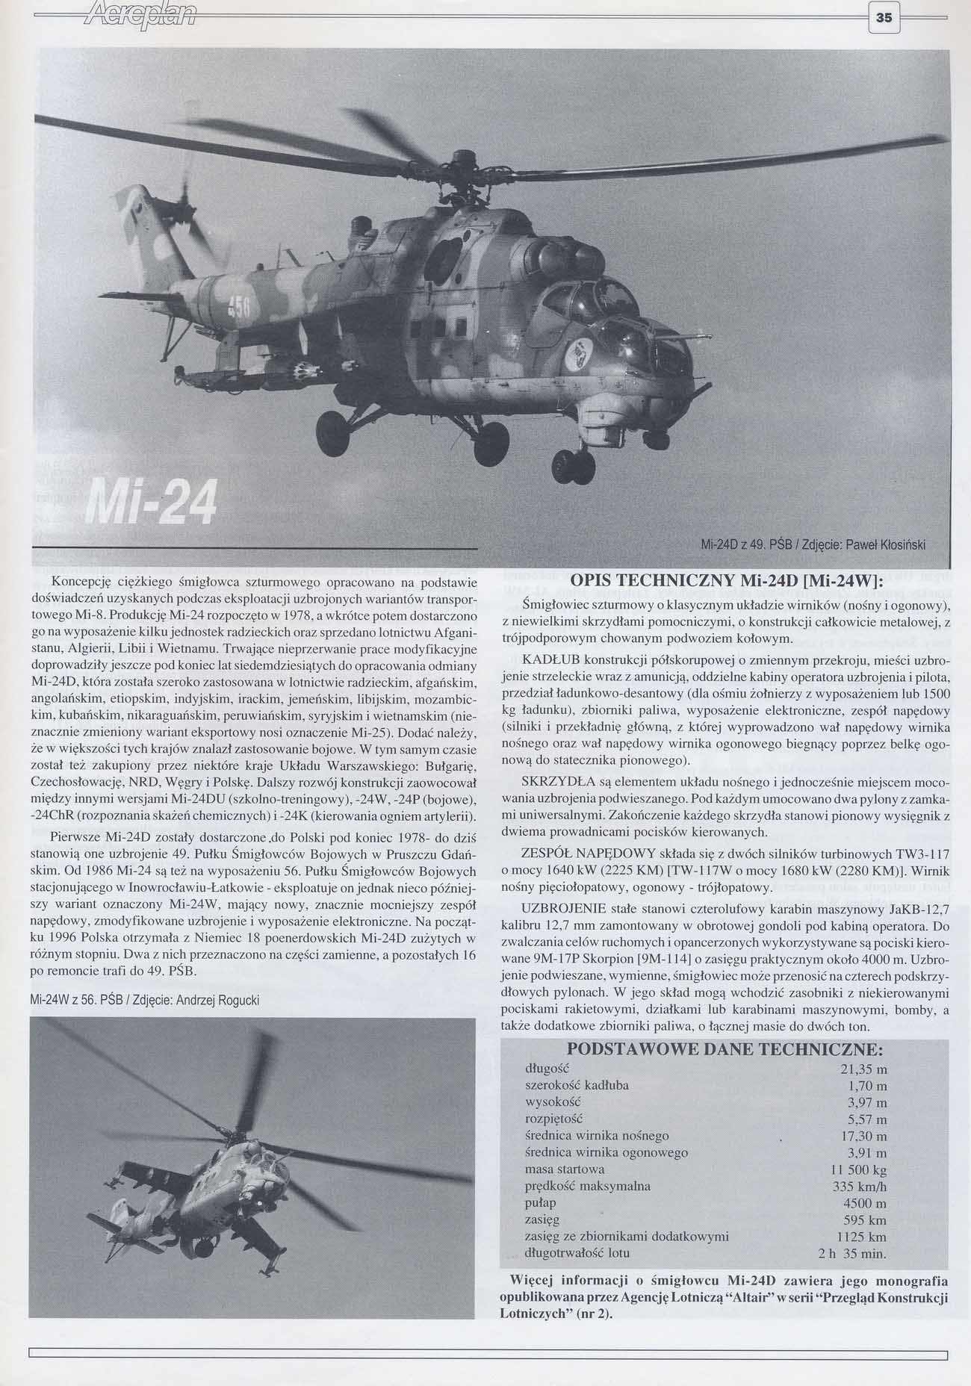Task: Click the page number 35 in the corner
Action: coord(884,20)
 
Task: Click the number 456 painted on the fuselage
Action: coord(238,303)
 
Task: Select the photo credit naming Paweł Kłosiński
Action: coord(813,544)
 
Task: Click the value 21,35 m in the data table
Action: coord(863,1069)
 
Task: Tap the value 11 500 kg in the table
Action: coord(858,1169)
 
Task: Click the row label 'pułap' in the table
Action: coord(541,1203)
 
